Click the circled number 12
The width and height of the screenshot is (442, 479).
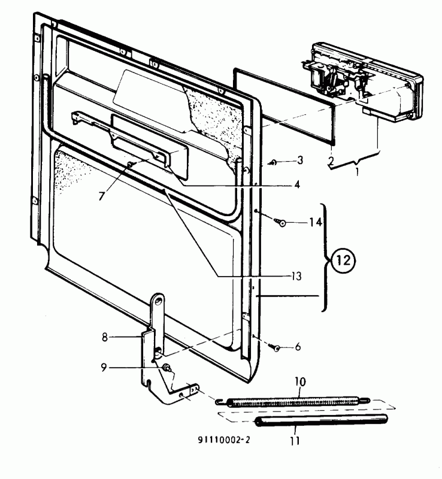(x=343, y=260)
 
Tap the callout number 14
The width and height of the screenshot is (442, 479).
(x=315, y=222)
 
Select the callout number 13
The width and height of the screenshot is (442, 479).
(x=296, y=276)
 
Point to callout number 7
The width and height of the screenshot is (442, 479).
(x=102, y=196)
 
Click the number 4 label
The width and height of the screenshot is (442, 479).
(x=296, y=184)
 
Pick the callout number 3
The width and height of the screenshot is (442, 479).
(x=300, y=160)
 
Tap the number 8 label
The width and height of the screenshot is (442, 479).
(x=105, y=337)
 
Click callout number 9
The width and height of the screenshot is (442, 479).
(x=104, y=368)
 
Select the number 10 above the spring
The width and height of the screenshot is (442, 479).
(x=300, y=381)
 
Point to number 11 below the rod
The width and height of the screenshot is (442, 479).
(x=295, y=441)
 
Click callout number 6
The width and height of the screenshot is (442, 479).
(x=298, y=347)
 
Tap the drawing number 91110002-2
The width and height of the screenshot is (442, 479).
(x=223, y=440)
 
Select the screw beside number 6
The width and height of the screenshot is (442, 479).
(x=274, y=347)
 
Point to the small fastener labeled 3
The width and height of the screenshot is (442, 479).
(x=273, y=162)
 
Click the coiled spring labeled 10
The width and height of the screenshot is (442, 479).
(x=293, y=401)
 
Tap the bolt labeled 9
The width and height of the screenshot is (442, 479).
(x=167, y=368)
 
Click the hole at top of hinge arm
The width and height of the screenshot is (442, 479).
(x=159, y=301)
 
